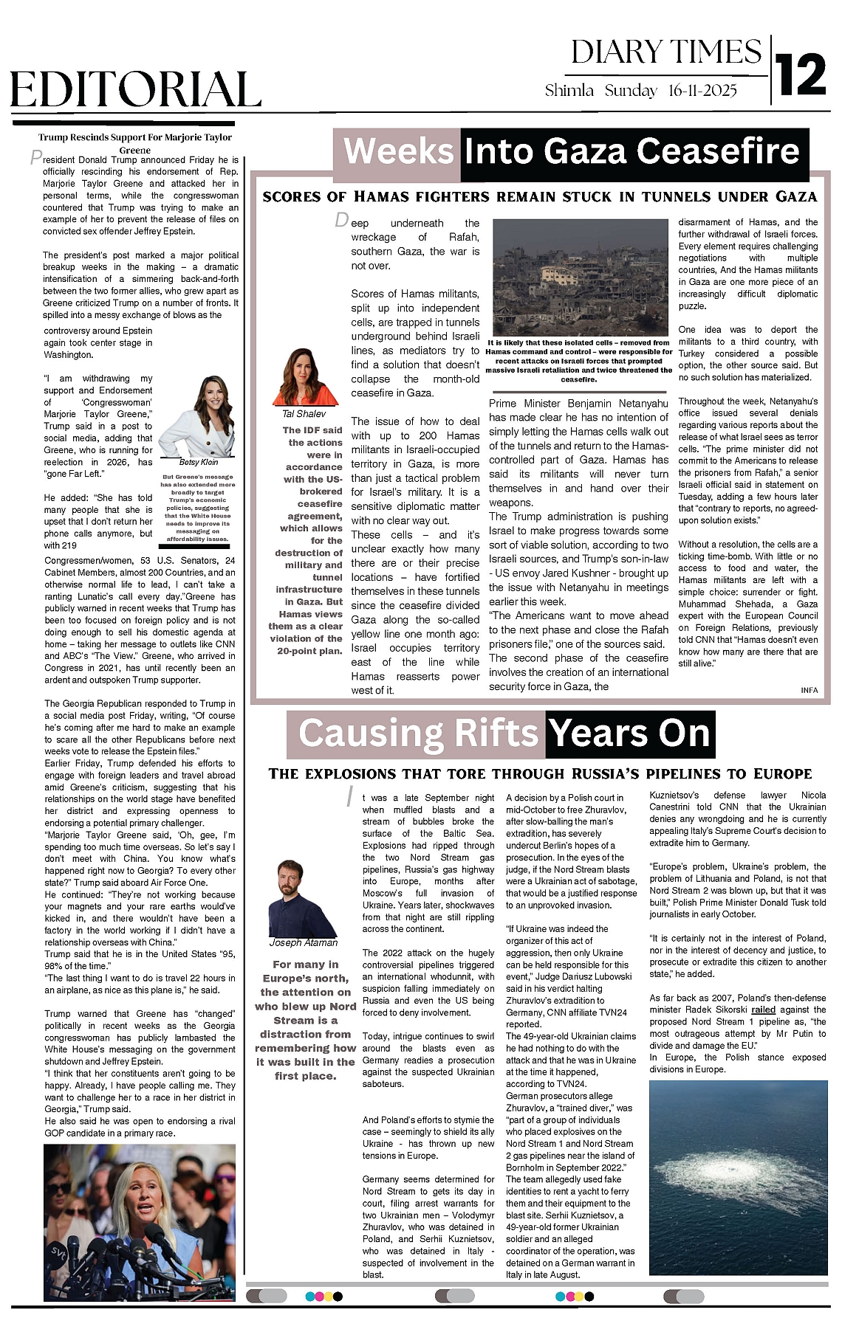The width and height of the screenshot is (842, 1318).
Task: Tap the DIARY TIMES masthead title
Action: [x=666, y=52]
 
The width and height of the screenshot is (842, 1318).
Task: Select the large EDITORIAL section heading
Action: [x=136, y=91]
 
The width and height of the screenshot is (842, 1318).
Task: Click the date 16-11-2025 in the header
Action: [x=702, y=91]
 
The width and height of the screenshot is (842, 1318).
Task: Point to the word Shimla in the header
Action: [x=569, y=91]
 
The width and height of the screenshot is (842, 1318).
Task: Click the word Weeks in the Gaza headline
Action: [x=398, y=151]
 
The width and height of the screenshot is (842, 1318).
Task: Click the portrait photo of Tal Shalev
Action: [x=304, y=376]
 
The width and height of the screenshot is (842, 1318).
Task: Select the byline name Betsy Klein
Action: [x=199, y=462]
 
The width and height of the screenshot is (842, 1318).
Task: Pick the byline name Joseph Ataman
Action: [x=303, y=942]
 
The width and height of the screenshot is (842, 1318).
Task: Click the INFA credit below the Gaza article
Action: [x=809, y=690]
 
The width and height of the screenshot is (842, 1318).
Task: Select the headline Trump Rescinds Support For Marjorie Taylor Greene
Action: [x=135, y=143]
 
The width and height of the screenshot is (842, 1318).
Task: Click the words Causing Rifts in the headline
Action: [x=418, y=734]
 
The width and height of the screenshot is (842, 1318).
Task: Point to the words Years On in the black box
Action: [x=630, y=734]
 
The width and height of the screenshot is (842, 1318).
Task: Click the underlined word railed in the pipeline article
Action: [x=764, y=1010]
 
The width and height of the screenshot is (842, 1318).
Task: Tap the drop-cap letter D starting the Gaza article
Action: [x=341, y=220]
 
